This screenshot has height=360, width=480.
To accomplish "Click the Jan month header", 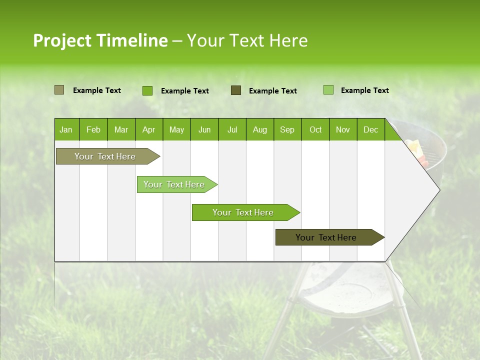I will [x=66, y=129].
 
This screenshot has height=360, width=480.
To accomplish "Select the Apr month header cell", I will [x=148, y=129].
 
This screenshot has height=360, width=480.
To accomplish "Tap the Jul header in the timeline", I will [x=232, y=129].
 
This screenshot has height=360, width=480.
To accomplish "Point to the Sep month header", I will [x=287, y=129].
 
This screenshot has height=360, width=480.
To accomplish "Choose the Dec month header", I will [x=370, y=129].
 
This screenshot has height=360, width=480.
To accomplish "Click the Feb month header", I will [x=93, y=129].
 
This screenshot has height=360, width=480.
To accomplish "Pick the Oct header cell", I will [x=315, y=129].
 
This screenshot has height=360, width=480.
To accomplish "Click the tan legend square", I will [x=59, y=90].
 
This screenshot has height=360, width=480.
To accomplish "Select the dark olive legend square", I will [x=236, y=90].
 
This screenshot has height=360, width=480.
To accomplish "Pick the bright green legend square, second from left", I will [x=147, y=90].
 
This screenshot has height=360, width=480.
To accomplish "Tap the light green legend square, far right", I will [x=328, y=90].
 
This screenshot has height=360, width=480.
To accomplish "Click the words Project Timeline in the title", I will [x=100, y=40].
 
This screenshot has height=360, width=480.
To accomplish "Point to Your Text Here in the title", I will [x=247, y=40].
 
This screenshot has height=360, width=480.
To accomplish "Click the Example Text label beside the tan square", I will [x=97, y=90].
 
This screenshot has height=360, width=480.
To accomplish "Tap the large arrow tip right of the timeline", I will [x=420, y=190].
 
